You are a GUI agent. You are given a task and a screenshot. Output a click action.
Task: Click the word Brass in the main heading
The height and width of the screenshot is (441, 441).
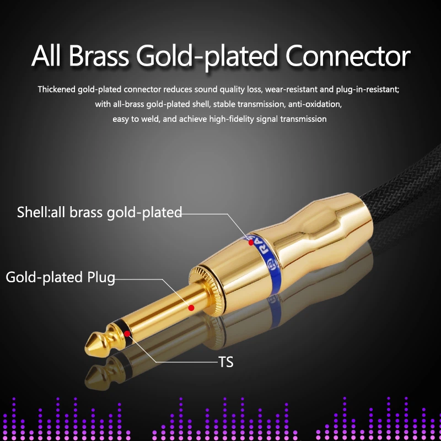[x=99, y=56]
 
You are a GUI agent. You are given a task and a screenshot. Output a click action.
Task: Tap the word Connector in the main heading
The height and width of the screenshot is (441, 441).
[x=348, y=56]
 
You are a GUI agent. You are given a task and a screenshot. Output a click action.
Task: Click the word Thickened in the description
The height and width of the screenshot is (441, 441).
[x=57, y=89]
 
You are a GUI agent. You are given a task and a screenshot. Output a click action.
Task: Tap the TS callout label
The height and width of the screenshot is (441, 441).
[x=225, y=362]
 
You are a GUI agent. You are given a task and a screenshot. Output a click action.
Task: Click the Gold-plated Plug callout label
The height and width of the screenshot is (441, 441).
[x=60, y=278]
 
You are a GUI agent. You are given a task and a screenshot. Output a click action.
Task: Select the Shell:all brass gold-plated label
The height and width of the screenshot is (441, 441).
[x=99, y=212]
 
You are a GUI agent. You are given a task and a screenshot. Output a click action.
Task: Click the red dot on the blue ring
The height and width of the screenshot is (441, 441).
[x=251, y=243]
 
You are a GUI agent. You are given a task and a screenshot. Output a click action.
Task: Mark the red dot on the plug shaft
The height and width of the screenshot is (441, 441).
[x=191, y=308]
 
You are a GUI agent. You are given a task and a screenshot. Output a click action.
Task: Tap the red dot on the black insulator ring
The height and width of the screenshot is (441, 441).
[x=127, y=334]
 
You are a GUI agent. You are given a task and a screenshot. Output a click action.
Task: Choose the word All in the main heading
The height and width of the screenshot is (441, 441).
[x=46, y=56]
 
